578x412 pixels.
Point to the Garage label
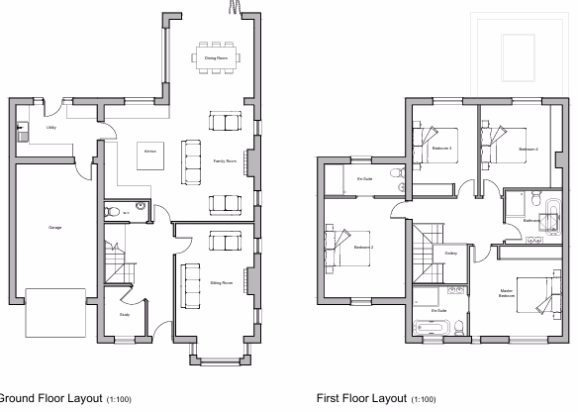pyautogui.click(x=54, y=228)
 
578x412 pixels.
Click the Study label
pyautogui.click(x=125, y=315)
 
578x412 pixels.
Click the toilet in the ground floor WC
pyautogui.click(x=113, y=210)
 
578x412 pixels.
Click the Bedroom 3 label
pyautogui.click(x=441, y=149)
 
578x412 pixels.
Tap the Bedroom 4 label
pyautogui.click(x=528, y=149)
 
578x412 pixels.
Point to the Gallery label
pyautogui.click(x=450, y=254)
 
